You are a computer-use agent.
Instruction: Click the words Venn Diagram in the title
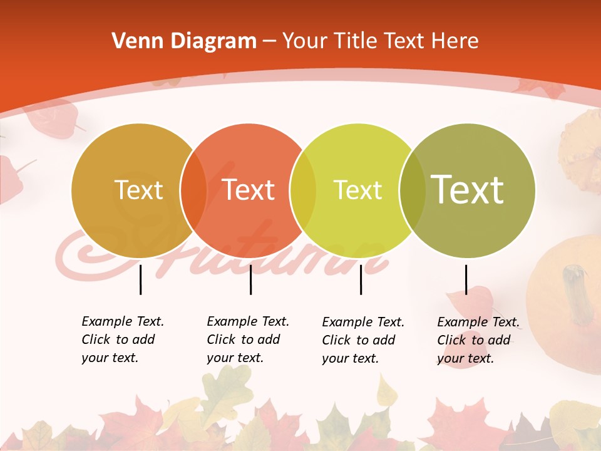tap(183, 41)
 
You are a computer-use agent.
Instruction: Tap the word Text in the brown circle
tap(138, 190)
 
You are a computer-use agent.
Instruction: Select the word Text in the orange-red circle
tap(248, 190)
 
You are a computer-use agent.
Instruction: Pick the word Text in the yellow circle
tap(357, 190)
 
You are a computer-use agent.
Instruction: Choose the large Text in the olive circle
tap(467, 189)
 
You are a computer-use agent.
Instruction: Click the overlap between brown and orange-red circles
tap(193, 190)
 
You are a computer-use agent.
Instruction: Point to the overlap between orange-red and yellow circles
tap(302, 190)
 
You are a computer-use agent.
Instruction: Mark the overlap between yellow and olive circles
tap(411, 190)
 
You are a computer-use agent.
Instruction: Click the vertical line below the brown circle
tap(140, 279)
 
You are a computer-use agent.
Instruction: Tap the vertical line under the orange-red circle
tap(250, 279)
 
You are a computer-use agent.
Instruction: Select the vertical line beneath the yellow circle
tap(361, 279)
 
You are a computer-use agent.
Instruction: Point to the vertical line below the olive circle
tap(466, 279)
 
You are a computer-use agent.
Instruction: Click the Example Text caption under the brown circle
tap(122, 340)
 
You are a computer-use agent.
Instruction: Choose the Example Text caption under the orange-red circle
tap(247, 340)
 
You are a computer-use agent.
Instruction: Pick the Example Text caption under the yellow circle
tap(362, 340)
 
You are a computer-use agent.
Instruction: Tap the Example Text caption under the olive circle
tap(478, 340)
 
